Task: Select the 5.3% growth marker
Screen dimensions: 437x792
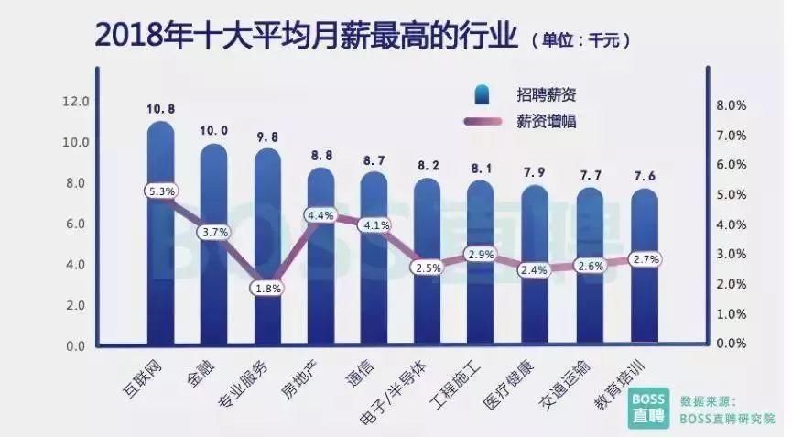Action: tap(161, 191)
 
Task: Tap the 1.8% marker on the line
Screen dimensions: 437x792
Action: tap(267, 288)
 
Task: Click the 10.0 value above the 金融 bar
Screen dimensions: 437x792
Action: tap(214, 131)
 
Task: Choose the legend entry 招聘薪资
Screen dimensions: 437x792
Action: tap(546, 93)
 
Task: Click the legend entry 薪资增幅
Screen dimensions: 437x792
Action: tap(546, 121)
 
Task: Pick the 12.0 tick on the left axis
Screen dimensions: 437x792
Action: tap(75, 101)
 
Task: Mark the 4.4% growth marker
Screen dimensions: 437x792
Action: tap(320, 216)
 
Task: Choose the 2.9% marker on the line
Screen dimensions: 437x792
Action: tap(480, 253)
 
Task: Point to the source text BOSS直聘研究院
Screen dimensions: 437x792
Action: tap(726, 417)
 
